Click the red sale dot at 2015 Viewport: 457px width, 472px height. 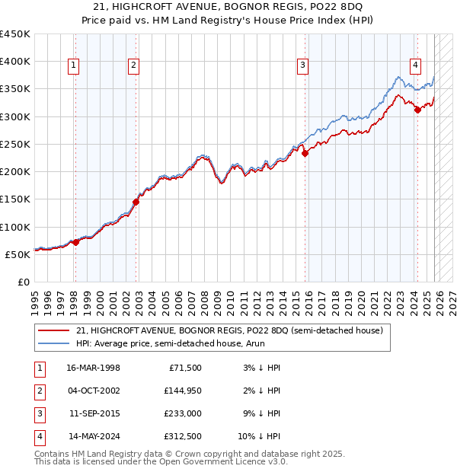305,153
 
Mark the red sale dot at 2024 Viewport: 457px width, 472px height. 417,110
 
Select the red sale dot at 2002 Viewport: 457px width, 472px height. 136,202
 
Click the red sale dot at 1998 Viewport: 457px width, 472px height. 76,242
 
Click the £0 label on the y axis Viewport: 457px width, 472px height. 24,282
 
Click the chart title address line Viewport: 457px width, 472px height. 228,8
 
